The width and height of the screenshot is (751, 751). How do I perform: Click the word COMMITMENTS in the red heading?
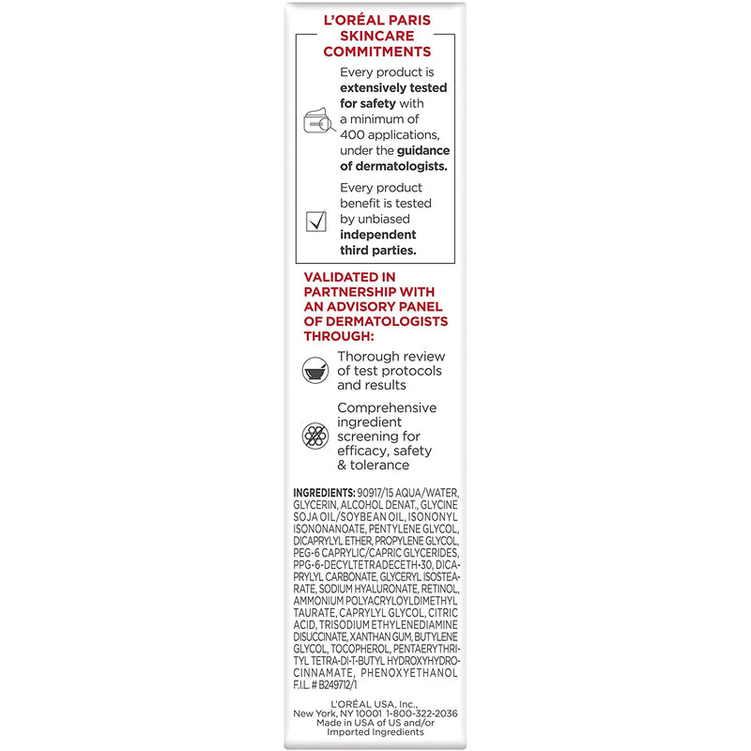click(375, 52)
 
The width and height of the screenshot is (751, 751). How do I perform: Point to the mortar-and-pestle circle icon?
click(315, 370)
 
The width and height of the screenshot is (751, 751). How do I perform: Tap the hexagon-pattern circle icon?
click(315, 437)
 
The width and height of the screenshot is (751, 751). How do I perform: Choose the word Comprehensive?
click(387, 407)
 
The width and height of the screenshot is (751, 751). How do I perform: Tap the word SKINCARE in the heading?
click(375, 37)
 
